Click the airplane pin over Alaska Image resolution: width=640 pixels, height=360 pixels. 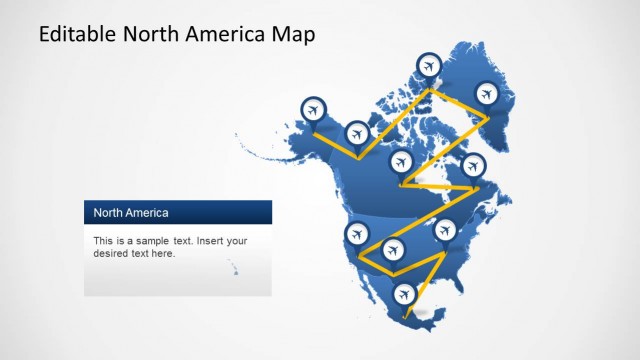pos(313,108)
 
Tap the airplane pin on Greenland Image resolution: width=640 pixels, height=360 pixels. pos(486,94)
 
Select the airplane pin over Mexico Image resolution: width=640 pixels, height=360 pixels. pos(404,294)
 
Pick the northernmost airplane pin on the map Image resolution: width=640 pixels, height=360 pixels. pos(429,66)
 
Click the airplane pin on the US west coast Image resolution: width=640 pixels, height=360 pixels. pos(356,235)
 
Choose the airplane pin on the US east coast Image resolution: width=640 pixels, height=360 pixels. pos(446,231)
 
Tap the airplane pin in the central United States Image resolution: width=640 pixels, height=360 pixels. pos(392,247)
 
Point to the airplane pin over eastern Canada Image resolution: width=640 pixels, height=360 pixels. pos(473,165)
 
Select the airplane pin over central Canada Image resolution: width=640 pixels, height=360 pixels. pos(402,161)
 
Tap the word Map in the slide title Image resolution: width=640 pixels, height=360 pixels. pos(292,35)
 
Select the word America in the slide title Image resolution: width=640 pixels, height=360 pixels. pos(225,35)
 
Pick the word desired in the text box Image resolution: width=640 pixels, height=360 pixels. pos(112,254)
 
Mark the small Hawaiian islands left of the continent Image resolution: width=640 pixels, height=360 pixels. pos(233,268)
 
